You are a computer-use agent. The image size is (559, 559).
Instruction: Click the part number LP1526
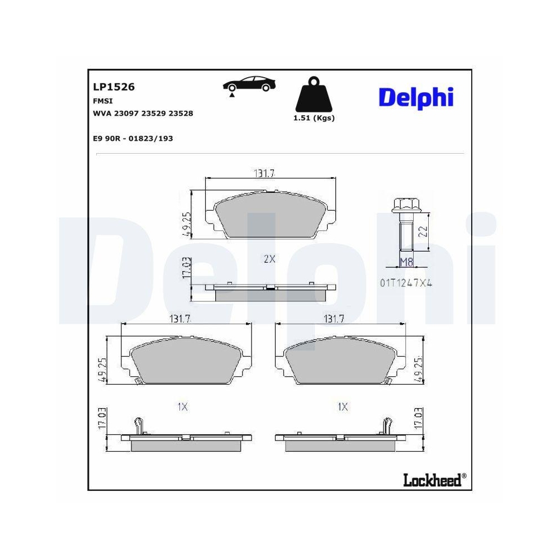point(113,87)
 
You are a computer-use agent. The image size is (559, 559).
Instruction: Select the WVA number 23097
point(126,113)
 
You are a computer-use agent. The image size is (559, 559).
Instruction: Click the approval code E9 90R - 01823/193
point(132,138)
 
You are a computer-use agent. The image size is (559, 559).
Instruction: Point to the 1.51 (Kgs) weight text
point(314,118)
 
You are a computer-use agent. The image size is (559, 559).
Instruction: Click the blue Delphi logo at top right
point(416,97)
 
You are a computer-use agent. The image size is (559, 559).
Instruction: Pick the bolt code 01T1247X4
point(406,283)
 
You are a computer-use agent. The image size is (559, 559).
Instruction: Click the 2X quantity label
point(269,259)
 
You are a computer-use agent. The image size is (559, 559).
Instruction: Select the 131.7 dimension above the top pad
point(264,173)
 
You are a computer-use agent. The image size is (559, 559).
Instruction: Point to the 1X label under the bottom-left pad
point(182,407)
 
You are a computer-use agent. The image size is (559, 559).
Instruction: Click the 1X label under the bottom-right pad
point(343,407)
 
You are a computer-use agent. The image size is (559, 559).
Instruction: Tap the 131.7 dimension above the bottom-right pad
point(334,319)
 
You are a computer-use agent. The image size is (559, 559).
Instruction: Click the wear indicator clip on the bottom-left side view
point(140,426)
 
